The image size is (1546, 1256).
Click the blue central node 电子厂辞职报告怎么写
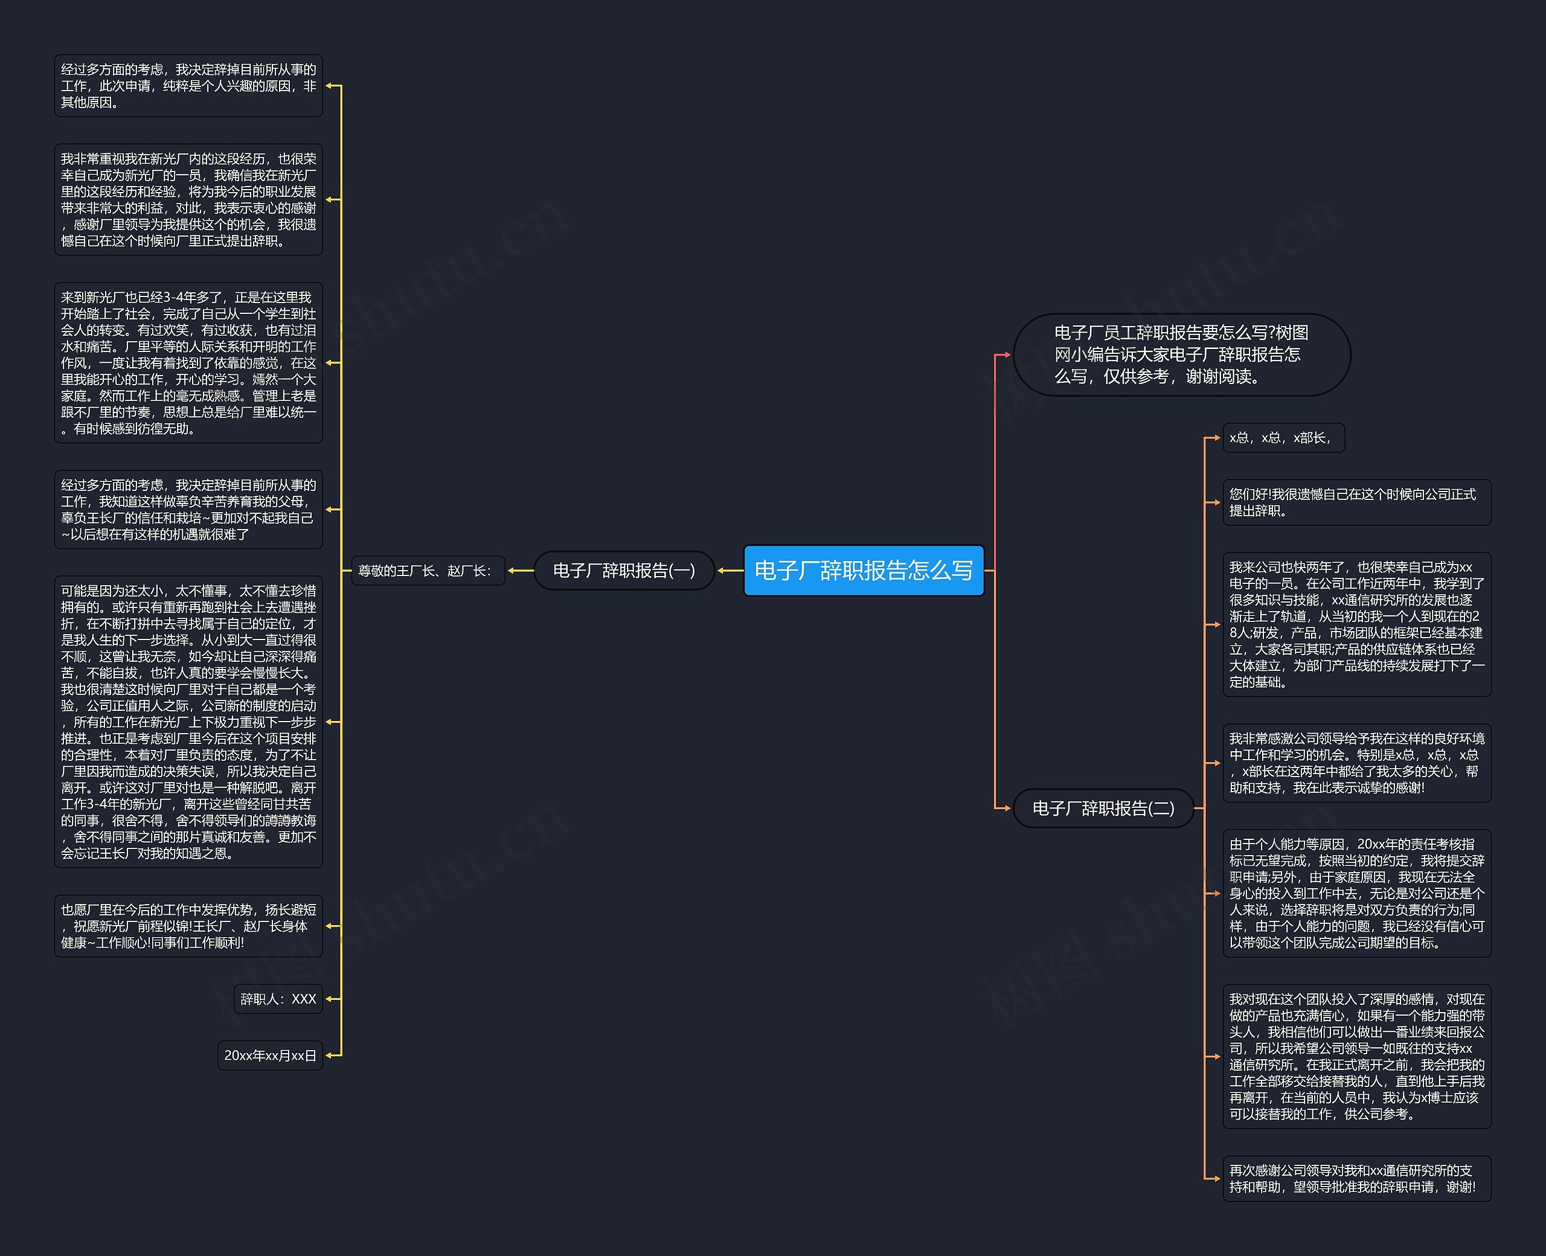tap(863, 570)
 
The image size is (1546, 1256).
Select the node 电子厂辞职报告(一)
tap(624, 570)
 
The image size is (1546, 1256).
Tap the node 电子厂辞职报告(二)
tap(1103, 807)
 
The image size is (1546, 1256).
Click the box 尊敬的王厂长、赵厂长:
tap(425, 570)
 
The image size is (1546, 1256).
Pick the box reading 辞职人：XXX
tap(278, 998)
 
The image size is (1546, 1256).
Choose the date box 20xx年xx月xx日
tap(270, 1055)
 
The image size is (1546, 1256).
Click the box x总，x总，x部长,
tap(1283, 437)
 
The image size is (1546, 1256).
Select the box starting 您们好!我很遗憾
tap(1356, 502)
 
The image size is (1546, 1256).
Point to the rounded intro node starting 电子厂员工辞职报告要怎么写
tap(1181, 354)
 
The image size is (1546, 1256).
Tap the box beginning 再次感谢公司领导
tap(1356, 1178)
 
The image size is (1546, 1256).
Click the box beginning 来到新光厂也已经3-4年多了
tap(188, 362)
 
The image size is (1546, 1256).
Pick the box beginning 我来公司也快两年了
tap(1356, 624)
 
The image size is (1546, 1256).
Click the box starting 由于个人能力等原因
tap(1356, 893)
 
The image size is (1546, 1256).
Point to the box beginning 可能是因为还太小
tap(188, 722)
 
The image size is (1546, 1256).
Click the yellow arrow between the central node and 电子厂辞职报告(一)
tap(730, 570)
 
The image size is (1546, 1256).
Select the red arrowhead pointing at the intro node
tap(1006, 354)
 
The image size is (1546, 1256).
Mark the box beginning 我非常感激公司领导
tap(1356, 763)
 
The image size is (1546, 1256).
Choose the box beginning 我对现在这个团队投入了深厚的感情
tap(1356, 1056)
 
